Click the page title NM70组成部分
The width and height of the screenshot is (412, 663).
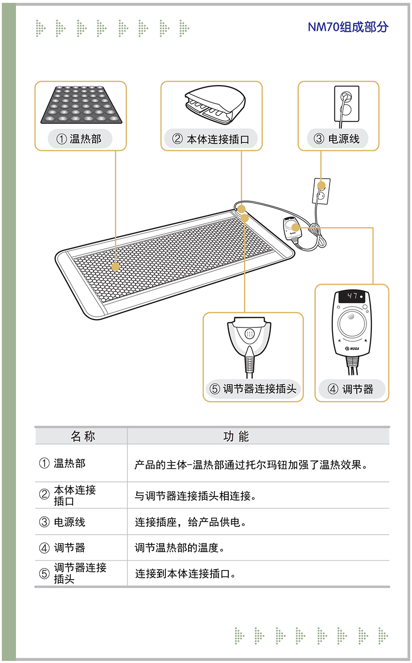coord(348,27)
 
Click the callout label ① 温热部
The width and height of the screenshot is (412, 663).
coord(79,139)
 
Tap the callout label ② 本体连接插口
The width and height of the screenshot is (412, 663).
coord(210,139)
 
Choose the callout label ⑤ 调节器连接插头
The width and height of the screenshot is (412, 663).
coord(253,388)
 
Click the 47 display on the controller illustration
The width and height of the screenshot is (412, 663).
coord(351,296)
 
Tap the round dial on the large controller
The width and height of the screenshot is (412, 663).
coord(351,324)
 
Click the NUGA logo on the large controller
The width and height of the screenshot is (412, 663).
coord(352,349)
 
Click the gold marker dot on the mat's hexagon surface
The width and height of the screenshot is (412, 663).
coord(115,267)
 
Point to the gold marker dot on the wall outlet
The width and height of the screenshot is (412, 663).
coord(321,185)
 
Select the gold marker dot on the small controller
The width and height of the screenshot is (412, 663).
coord(295,228)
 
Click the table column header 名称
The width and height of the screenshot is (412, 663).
coord(83,436)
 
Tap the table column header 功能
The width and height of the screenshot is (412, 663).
coord(236,436)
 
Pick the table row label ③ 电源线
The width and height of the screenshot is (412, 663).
coord(62,522)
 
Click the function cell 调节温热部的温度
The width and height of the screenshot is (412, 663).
coord(179,548)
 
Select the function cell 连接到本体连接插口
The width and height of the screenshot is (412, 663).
coord(186,573)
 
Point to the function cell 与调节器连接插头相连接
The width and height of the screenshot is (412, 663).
coord(195,496)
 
